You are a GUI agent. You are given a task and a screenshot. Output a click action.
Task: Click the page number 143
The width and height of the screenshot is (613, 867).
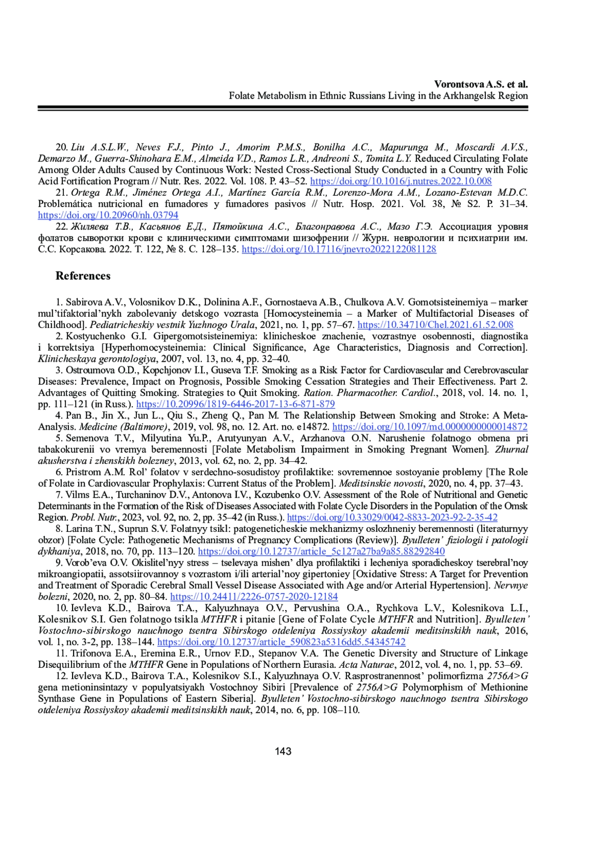(283, 751)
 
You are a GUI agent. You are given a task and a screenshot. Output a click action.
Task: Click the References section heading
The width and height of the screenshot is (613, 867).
(83, 276)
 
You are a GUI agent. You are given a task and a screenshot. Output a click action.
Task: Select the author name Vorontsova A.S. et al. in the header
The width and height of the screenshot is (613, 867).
(481, 84)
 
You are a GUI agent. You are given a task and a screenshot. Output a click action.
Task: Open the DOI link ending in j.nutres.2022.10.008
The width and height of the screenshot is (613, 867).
(400, 181)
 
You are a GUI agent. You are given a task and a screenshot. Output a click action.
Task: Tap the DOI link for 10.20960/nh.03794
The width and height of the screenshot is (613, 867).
(108, 215)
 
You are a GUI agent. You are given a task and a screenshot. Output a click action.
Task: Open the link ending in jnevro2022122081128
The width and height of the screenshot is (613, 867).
(339, 249)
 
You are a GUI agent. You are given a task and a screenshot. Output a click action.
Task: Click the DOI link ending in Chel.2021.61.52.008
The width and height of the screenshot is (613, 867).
(435, 324)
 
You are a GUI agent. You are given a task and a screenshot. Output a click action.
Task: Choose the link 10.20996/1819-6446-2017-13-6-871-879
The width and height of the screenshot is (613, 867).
(235, 404)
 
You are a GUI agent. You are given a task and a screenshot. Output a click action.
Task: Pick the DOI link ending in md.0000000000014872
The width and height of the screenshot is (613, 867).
(430, 427)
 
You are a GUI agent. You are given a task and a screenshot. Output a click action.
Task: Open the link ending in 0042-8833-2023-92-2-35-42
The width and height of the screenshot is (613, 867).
(392, 517)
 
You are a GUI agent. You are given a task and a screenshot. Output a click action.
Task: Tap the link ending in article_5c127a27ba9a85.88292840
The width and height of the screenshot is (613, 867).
(321, 551)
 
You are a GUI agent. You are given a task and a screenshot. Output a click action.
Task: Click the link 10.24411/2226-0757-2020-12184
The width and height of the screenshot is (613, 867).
(254, 597)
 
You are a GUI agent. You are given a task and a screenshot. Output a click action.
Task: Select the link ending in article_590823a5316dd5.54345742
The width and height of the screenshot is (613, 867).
(281, 642)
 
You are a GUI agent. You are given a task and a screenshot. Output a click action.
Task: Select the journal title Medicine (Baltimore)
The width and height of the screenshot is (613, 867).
(123, 427)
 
